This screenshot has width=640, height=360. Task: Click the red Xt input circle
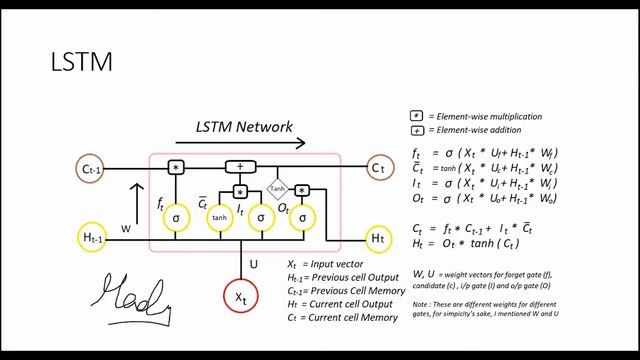pos(238,298)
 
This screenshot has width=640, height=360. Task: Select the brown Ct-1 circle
pos(95,167)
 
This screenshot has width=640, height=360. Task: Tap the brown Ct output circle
pos(378,167)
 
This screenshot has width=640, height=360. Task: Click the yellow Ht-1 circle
pos(95,238)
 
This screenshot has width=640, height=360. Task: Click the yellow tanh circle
pos(219,218)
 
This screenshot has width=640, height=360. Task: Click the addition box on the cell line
pos(240,167)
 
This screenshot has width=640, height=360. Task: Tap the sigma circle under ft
pos(176,218)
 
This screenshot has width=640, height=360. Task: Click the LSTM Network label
pos(243,127)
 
